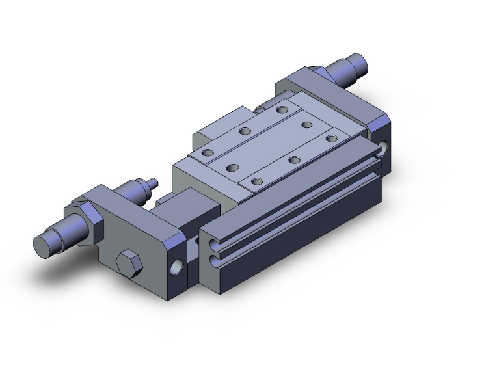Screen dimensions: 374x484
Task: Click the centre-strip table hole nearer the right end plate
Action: pyautogui.click(x=306, y=124)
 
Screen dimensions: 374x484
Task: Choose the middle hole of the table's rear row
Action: pyautogui.click(x=245, y=131)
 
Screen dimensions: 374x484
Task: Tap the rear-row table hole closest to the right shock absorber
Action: pyautogui.click(x=281, y=110)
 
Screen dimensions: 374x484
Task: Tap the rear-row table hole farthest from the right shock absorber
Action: pyautogui.click(x=208, y=153)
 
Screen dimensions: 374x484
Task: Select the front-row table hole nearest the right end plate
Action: pyautogui.click(x=332, y=138)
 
